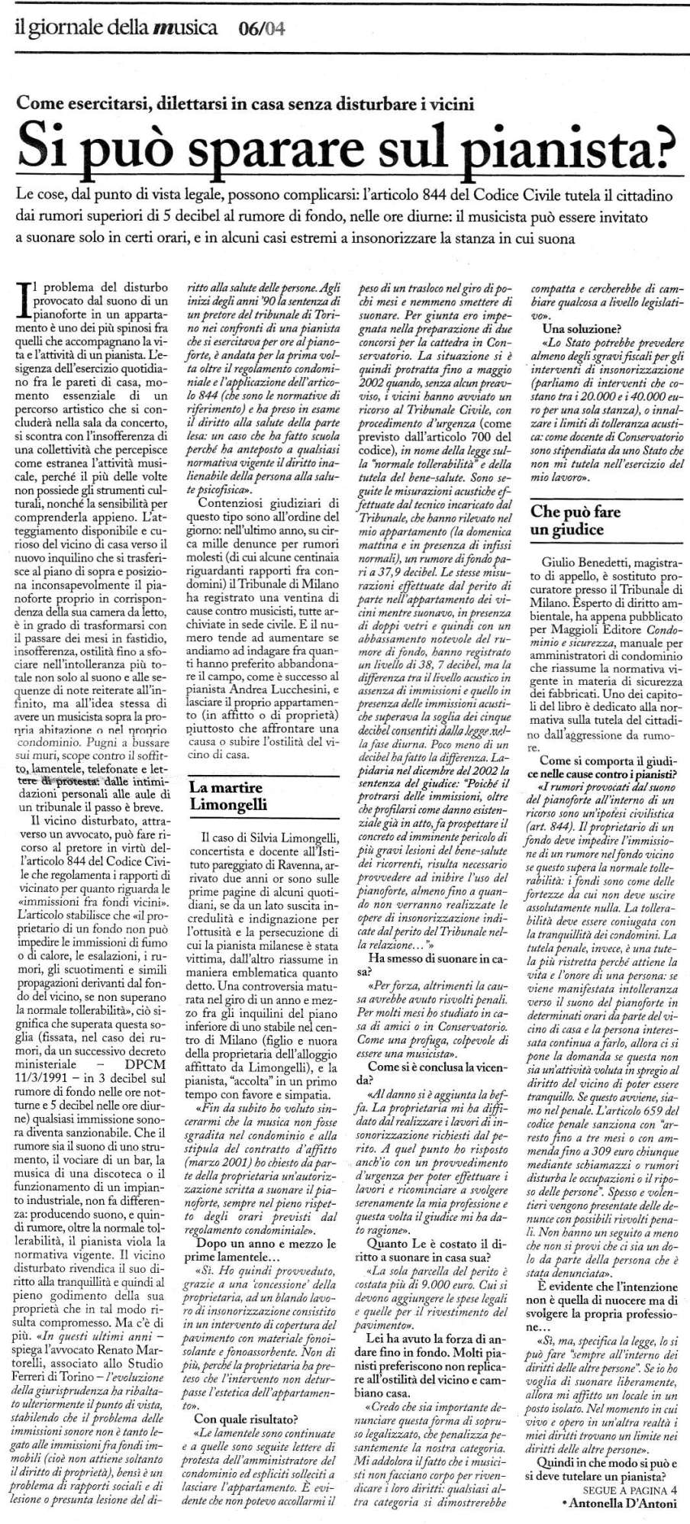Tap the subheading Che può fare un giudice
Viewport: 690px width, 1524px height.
click(576, 520)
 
